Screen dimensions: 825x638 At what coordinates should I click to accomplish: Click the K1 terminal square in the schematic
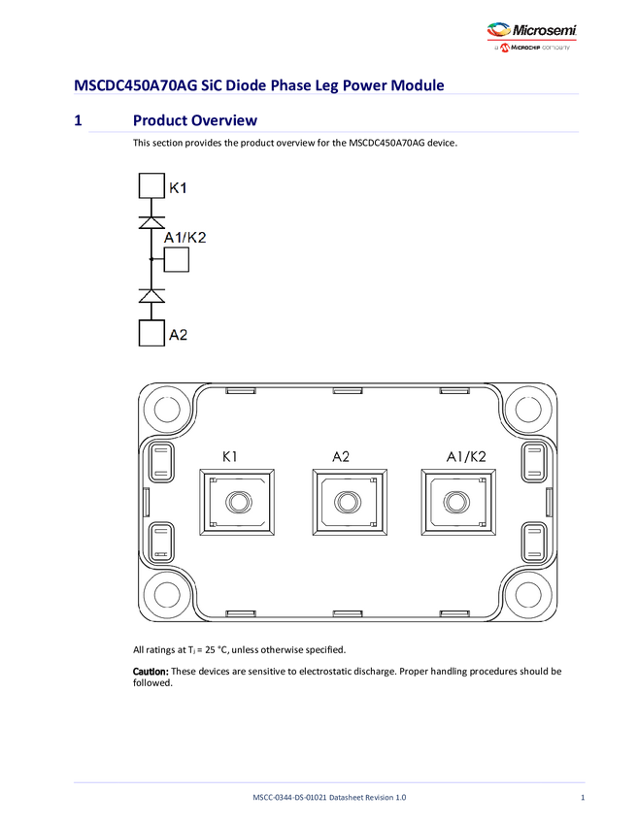pyautogui.click(x=151, y=186)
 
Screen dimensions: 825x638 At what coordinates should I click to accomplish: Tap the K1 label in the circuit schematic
pyautogui.click(x=179, y=187)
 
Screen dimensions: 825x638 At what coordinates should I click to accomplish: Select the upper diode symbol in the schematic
pyautogui.click(x=151, y=222)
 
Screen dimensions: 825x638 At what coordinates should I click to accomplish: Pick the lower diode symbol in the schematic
pyautogui.click(x=151, y=295)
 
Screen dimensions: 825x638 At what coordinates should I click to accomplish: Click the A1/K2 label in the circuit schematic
pyautogui.click(x=185, y=238)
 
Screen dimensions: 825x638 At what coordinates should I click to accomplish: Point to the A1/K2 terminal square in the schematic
pyautogui.click(x=177, y=260)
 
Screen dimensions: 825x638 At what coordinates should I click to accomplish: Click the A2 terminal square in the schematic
pyautogui.click(x=151, y=334)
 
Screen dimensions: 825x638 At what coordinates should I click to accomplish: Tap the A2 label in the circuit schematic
pyautogui.click(x=179, y=335)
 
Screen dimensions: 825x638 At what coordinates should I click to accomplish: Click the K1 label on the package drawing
pyautogui.click(x=230, y=455)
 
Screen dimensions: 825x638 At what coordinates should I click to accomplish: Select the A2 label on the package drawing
pyautogui.click(x=340, y=455)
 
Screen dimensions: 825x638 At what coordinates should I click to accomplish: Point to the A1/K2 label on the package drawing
pyautogui.click(x=466, y=455)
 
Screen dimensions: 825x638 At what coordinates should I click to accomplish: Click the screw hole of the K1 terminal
pyautogui.click(x=236, y=502)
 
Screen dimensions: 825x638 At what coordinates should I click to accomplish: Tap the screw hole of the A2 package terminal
pyautogui.click(x=345, y=502)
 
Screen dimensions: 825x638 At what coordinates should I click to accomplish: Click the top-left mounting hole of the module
pyautogui.click(x=166, y=410)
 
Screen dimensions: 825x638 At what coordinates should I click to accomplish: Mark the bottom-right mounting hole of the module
pyautogui.click(x=526, y=595)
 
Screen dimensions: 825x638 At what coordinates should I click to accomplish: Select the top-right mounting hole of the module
pyautogui.click(x=526, y=410)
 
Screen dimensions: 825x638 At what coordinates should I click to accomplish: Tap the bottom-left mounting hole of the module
pyautogui.click(x=166, y=595)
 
